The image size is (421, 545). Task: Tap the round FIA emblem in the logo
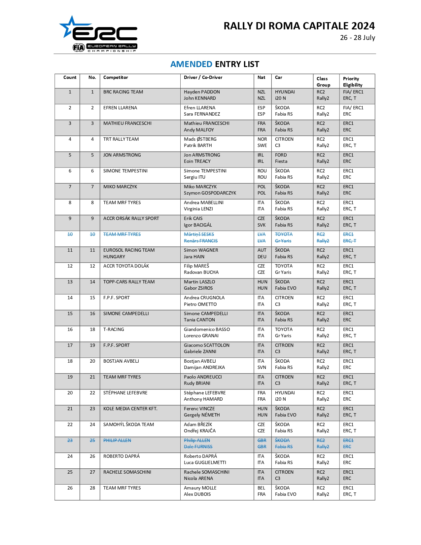pos(79,48)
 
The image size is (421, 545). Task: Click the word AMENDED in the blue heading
pos(191,64)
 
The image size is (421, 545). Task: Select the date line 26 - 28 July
pos(357,38)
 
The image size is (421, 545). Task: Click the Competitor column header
pos(116,78)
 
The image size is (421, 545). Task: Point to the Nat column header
pos(261,78)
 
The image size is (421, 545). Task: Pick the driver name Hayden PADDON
pos(202,92)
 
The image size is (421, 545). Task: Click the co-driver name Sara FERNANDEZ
pos(202,114)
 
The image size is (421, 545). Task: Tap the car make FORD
pos(281,155)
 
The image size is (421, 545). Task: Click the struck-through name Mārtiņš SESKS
pos(199,235)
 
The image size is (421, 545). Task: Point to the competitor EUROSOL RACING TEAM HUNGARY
pos(129,253)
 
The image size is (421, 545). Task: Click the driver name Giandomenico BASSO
pos(207,330)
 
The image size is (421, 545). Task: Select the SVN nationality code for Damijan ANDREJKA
pos(262,368)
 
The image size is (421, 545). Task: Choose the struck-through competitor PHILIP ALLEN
pos(117,441)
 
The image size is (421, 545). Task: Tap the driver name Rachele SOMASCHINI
pos(206,472)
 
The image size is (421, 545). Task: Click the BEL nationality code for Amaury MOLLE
pos(261,488)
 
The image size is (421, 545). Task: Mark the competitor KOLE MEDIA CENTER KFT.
pos(130,409)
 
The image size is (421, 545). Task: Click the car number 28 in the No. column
pos(92,488)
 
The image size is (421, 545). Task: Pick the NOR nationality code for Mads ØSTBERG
pos(262,139)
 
